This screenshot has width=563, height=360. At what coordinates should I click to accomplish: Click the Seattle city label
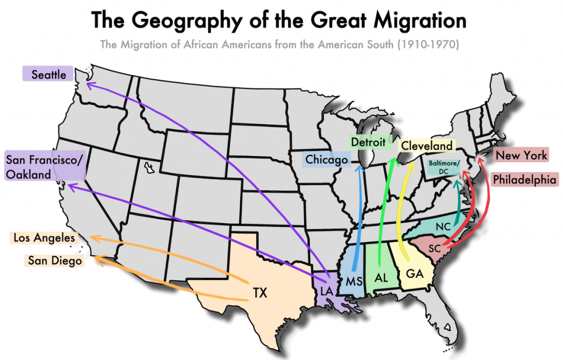pos(48,74)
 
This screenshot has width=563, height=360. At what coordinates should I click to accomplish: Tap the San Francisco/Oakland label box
pos(45,167)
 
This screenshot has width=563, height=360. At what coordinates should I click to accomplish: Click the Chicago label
pos(327,159)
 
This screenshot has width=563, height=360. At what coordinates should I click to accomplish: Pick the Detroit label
pos(368,142)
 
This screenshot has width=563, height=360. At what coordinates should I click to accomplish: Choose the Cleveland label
pos(426,146)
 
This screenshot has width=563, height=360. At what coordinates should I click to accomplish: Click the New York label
pos(521,155)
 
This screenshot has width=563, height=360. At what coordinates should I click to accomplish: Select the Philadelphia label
pos(525,179)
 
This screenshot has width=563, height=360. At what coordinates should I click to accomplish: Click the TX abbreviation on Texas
pos(260,292)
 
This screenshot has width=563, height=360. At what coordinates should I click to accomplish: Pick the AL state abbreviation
pos(382,278)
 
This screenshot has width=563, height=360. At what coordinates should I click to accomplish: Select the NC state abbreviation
pos(443,226)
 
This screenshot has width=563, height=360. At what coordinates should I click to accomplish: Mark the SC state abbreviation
pos(434,248)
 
